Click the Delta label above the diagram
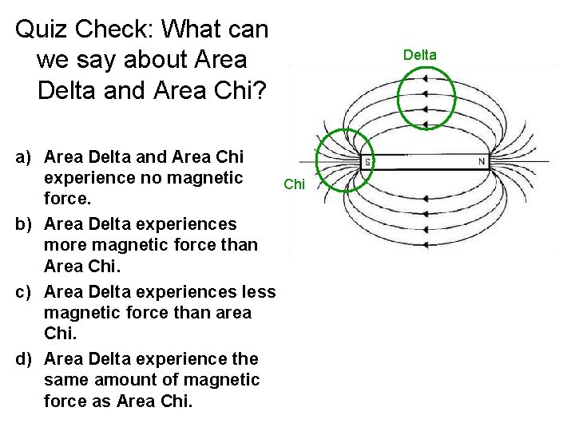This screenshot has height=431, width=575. coord(419,55)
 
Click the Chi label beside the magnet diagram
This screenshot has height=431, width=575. coord(294,184)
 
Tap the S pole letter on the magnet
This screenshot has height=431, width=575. coord(367,162)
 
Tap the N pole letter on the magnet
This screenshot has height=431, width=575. coord(482,162)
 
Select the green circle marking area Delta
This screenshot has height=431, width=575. coord(426,97)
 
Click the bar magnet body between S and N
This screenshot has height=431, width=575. coord(423,162)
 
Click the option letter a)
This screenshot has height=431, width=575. coord(26,156)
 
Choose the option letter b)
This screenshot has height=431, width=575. coord(26,224)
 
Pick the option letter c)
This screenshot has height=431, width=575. coord(26,292)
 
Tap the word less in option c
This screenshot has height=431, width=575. coord(256,292)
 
